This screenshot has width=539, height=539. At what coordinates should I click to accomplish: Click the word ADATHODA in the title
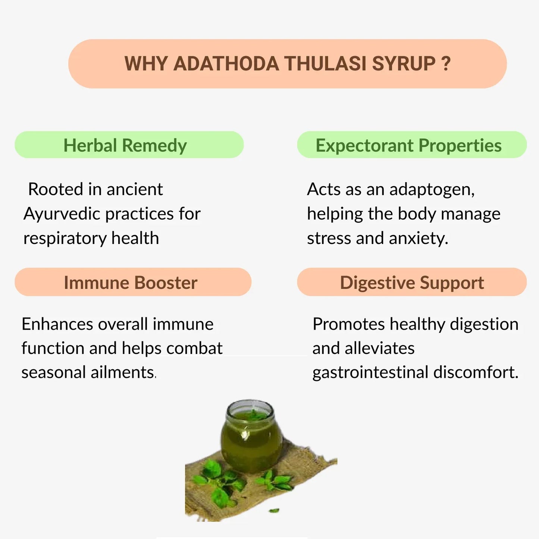226,64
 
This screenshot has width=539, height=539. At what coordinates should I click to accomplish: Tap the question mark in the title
446,64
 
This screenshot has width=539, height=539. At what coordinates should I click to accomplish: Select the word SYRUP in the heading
404,64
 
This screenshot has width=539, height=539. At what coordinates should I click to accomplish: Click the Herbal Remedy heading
125,145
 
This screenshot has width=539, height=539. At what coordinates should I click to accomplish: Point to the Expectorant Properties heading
408,145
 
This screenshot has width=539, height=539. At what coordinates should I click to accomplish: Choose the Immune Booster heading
131,282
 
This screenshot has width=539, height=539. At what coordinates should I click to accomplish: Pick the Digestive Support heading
412,282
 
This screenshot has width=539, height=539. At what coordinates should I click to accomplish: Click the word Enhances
57,324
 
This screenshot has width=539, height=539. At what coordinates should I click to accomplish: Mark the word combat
194,348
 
